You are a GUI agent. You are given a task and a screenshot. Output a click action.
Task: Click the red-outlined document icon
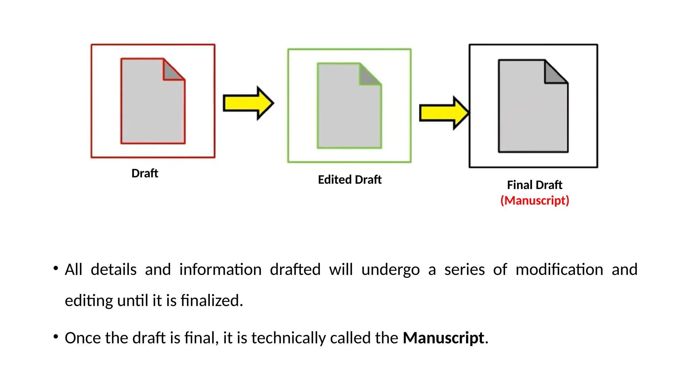point(153,101)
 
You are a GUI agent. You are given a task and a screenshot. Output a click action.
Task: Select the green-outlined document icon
point(349,106)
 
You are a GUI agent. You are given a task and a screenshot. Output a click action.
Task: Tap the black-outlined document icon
point(533,106)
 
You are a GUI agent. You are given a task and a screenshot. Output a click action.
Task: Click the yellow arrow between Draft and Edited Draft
point(248,103)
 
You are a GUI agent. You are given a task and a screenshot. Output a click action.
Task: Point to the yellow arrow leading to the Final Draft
point(444,113)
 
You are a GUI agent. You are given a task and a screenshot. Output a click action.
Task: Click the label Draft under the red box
point(145,173)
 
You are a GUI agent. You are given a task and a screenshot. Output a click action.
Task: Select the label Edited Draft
point(350,180)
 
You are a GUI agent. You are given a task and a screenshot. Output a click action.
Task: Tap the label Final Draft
point(534,185)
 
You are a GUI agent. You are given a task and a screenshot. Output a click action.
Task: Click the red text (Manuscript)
point(534,201)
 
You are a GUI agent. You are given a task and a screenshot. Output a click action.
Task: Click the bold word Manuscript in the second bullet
point(443,338)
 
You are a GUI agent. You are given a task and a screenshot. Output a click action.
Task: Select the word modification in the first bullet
point(559,270)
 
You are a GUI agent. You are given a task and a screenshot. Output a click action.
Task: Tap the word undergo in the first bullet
point(390,270)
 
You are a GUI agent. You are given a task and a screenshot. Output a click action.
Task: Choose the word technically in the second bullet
point(288,338)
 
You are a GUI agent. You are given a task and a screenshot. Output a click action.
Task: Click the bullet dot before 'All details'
point(56,268)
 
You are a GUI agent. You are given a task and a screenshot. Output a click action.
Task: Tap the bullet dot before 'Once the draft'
point(56,337)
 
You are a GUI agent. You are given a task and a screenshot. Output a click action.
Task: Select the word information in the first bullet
point(220,270)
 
